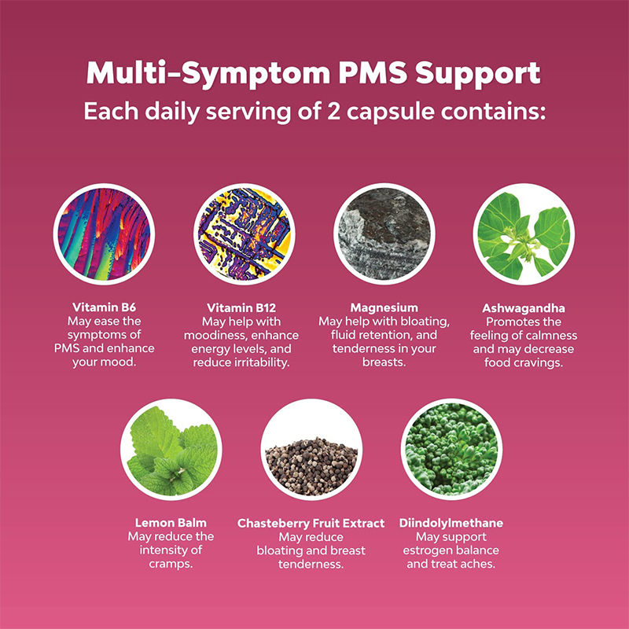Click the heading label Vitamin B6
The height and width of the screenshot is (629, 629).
coord(104,307)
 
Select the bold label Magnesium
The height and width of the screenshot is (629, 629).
coord(384,307)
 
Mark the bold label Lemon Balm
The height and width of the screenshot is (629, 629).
coord(171,523)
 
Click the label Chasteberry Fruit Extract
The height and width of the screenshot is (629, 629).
coord(311,523)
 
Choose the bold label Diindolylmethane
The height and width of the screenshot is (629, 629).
coord(452,523)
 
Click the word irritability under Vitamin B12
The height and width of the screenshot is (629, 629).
coord(264,362)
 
